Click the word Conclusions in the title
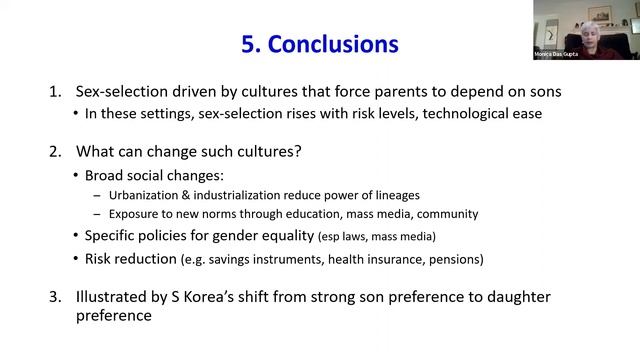point(336,44)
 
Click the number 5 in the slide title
point(249,44)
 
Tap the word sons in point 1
point(540,92)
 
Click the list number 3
point(55,298)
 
